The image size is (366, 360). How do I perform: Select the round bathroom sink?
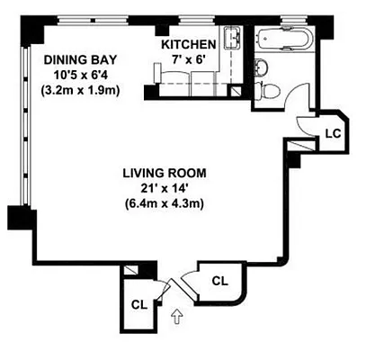click(x=261, y=65)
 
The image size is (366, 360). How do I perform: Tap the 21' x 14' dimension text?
click(x=165, y=187)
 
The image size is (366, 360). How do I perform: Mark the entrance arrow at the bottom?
click(x=176, y=315)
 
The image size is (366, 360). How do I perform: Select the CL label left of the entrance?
click(x=138, y=303)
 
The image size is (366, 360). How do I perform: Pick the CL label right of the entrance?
click(x=219, y=281)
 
